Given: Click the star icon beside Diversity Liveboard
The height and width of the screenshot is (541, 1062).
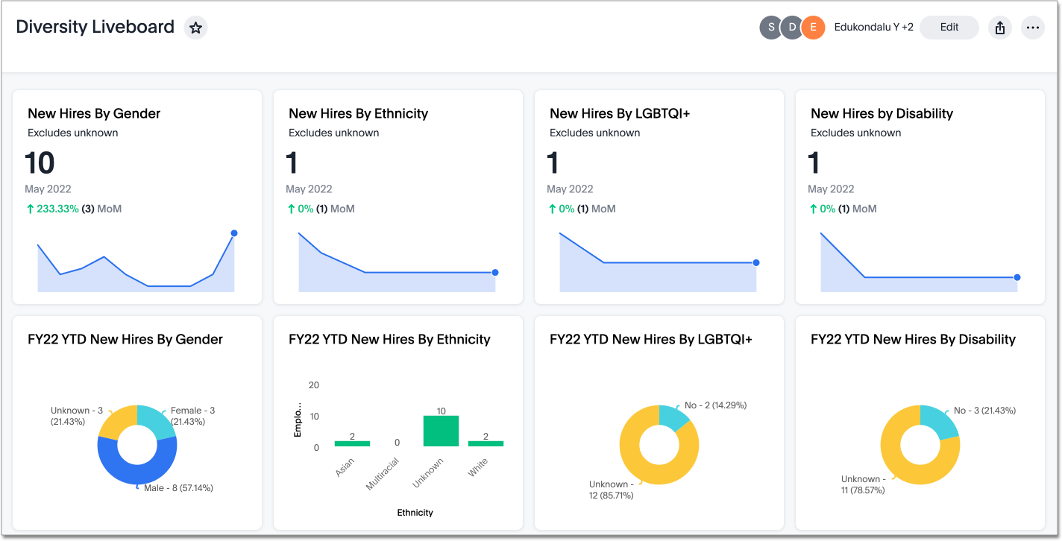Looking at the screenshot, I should tap(195, 28).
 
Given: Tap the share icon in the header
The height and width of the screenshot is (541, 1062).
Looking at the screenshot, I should tap(1000, 28).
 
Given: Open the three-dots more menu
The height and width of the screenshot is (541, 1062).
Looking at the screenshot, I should tap(1032, 28).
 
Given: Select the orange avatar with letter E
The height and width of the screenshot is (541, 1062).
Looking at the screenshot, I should tap(813, 28).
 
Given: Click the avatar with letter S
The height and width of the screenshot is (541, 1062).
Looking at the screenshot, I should tap(771, 28).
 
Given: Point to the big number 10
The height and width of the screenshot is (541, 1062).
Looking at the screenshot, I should tap(40, 163).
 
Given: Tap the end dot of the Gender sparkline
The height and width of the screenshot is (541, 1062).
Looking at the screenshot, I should tap(234, 233).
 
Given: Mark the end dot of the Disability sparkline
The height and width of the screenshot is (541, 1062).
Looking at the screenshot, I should tap(1017, 277).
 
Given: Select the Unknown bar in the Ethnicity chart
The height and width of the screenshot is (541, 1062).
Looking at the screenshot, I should tap(441, 431).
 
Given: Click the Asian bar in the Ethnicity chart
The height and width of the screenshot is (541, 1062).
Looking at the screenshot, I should tap(352, 443).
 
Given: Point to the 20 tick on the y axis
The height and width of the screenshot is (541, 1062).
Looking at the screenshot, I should tap(314, 385).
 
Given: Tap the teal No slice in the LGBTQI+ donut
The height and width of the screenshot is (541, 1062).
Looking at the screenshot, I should tap(673, 418).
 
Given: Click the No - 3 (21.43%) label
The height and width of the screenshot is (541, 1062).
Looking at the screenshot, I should tap(984, 411).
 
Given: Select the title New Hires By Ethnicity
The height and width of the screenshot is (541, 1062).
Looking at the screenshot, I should tap(358, 113).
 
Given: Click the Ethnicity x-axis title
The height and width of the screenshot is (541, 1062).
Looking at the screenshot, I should tap(415, 513).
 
